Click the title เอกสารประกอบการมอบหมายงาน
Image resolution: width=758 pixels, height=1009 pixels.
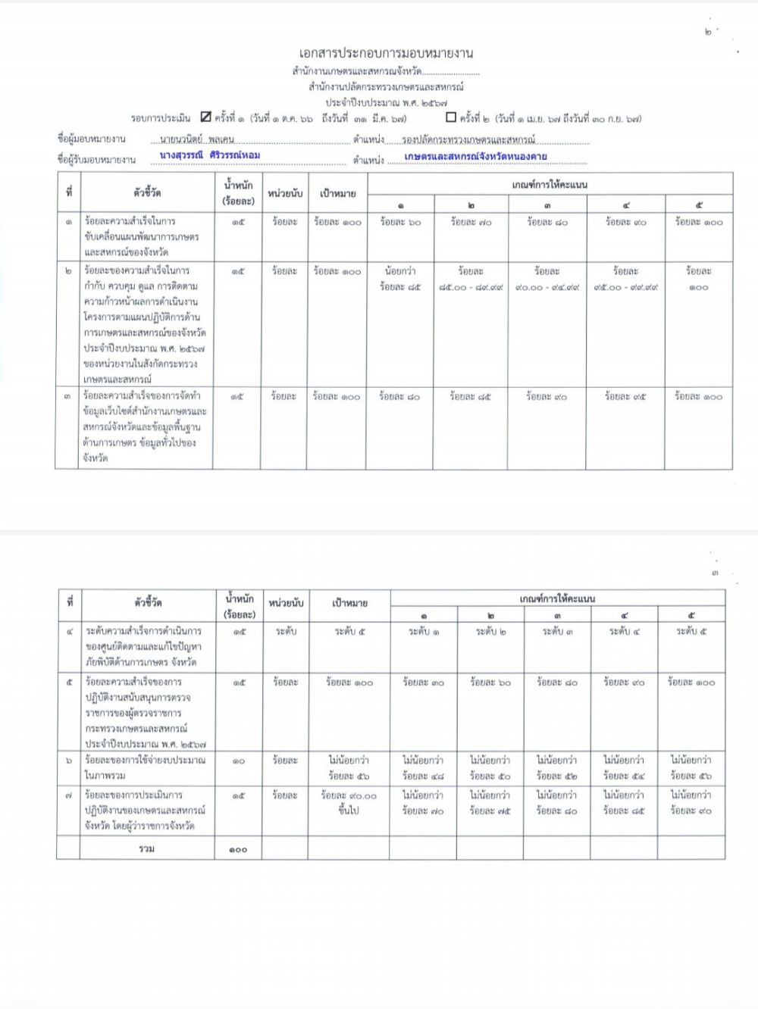point(386,53)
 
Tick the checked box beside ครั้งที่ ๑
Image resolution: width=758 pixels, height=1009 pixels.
point(206,117)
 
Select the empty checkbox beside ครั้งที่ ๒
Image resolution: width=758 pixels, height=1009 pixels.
point(451,117)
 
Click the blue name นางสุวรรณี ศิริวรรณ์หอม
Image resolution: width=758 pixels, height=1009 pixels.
point(210,155)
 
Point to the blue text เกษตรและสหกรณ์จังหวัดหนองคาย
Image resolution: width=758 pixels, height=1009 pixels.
point(475,157)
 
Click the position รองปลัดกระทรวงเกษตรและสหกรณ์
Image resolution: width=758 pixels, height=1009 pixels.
point(468,140)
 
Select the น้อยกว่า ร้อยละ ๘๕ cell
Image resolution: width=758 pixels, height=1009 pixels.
point(400,279)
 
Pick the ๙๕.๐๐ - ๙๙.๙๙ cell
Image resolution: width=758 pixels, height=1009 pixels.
point(625,279)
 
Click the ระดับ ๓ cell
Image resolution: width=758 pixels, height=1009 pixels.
point(558,631)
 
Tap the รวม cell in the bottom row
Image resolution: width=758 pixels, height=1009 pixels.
point(147,849)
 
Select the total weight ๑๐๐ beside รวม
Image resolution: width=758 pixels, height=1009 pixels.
point(238,850)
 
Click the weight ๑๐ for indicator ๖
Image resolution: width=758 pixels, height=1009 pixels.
point(238,761)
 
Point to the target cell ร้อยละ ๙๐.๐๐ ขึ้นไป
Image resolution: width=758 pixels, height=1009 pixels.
point(349,803)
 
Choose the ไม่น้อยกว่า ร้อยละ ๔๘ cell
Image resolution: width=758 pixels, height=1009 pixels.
point(424,767)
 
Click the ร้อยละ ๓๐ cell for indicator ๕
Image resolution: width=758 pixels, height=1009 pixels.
point(424,683)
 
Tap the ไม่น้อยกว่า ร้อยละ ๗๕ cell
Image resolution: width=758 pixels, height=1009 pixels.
point(490,803)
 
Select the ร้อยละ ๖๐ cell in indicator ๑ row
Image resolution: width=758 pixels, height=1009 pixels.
point(400,223)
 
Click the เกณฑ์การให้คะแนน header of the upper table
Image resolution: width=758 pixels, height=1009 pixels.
point(550,184)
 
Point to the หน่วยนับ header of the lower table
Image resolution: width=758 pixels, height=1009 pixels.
point(286,603)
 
